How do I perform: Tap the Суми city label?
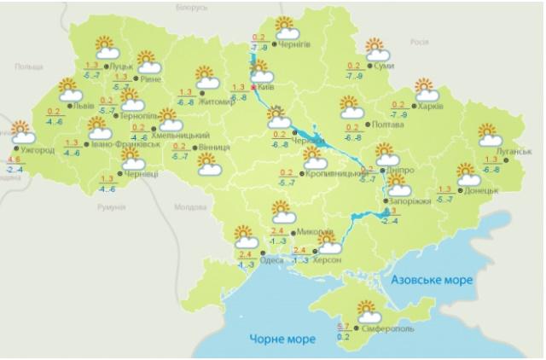pyautogui.click(x=383, y=66)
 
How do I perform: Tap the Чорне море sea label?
pyautogui.click(x=282, y=340)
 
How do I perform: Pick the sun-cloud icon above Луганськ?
pyautogui.click(x=489, y=135)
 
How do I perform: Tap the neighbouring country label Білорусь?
pyautogui.click(x=191, y=7)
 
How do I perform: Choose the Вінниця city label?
pyautogui.click(x=213, y=148)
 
